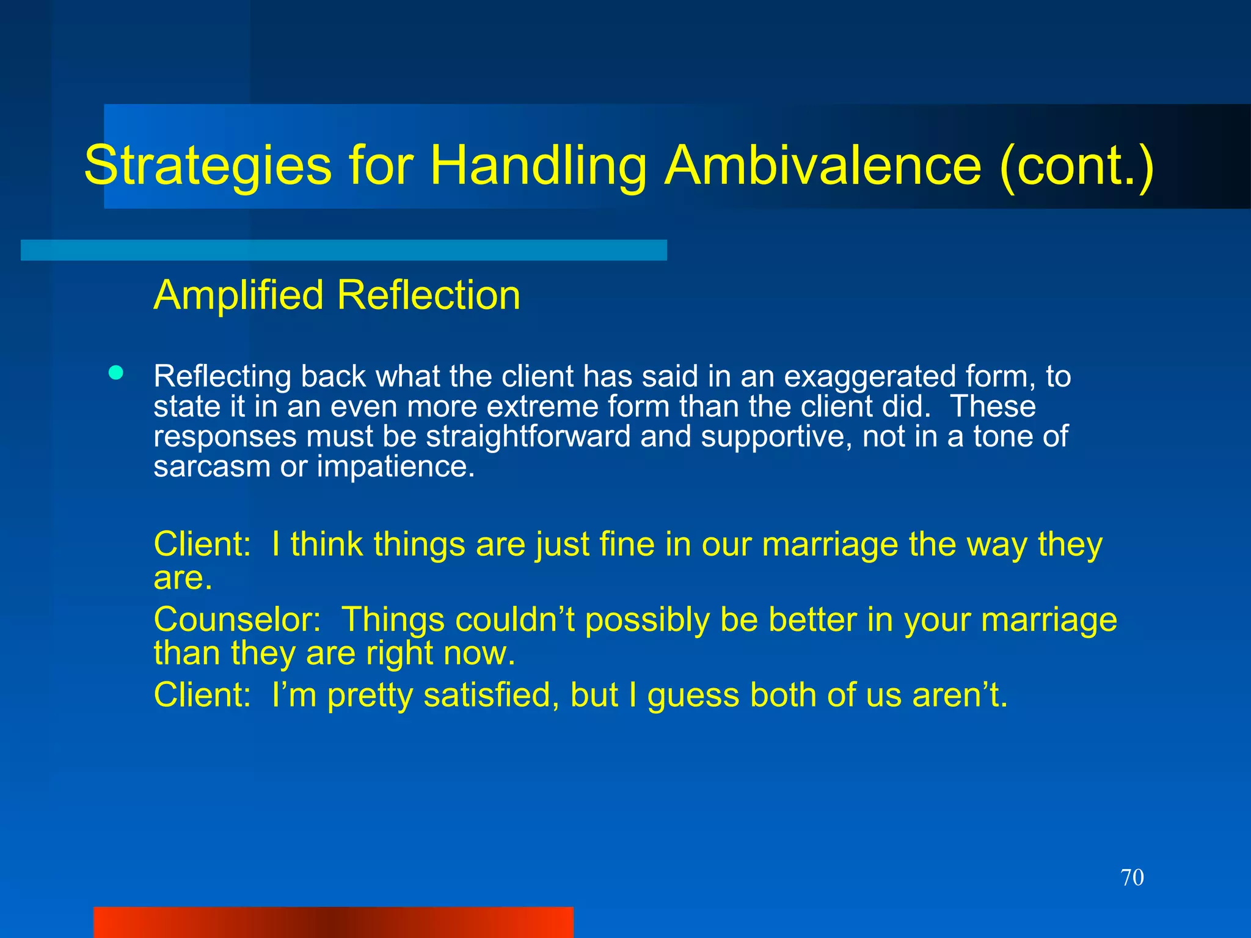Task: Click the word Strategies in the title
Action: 208,166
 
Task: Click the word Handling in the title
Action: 538,166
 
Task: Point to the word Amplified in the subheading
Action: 238,296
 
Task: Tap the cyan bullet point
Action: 116,373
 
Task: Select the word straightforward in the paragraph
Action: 528,437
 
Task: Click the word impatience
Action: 395,467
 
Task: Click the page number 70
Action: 1132,878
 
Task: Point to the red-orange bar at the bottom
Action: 333,922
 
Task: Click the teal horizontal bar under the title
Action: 343,250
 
